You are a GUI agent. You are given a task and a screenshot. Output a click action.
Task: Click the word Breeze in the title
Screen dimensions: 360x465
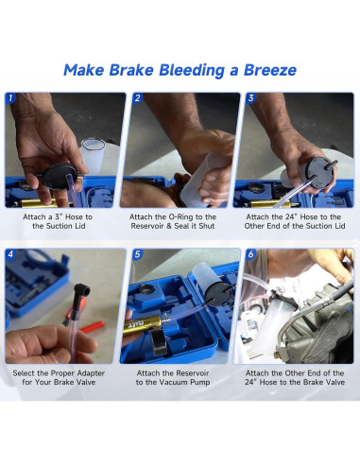click(x=270, y=70)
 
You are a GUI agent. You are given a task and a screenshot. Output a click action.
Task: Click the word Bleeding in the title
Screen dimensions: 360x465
click(x=191, y=70)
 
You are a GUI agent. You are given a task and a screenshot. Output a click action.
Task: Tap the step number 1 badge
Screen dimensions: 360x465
click(x=10, y=98)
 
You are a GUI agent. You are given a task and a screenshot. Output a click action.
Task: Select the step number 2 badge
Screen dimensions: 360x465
click(x=137, y=98)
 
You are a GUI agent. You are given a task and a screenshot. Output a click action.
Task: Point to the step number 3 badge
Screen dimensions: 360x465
click(x=250, y=98)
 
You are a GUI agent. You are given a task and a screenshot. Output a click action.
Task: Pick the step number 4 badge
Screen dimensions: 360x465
click(x=10, y=254)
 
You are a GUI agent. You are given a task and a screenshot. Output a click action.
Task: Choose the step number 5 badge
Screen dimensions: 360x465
click(x=137, y=254)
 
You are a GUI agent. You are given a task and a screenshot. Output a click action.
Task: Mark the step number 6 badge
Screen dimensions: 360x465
click(x=250, y=254)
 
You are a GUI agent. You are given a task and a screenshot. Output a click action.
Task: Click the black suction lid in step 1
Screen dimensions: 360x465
click(x=60, y=177)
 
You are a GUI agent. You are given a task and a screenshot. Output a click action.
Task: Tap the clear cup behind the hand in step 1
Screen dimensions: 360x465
click(x=93, y=154)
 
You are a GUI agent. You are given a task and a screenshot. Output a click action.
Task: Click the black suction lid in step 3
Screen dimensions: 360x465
click(x=318, y=173)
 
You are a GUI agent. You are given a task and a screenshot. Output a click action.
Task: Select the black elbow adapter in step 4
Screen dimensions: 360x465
click(x=81, y=296)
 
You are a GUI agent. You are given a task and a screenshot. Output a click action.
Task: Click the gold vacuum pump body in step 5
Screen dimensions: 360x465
click(x=142, y=325)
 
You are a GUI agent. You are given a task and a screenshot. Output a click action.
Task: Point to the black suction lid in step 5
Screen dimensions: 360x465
click(x=218, y=294)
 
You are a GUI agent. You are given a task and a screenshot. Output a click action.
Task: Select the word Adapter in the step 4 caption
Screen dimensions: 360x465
click(x=92, y=373)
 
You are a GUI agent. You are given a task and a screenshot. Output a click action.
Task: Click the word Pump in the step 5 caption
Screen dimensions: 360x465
click(x=200, y=383)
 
